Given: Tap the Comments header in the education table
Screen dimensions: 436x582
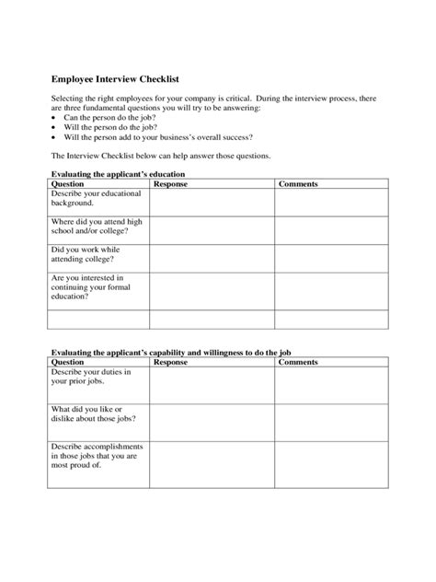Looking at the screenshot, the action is (x=298, y=184).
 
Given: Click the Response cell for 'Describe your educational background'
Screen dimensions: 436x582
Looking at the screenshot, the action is (x=212, y=201).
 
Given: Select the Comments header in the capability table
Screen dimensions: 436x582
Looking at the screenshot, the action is (x=298, y=362).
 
